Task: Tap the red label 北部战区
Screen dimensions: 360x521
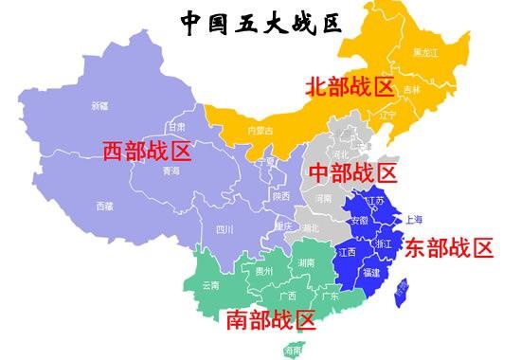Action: [x=349, y=88]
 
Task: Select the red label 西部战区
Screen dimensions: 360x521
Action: [x=147, y=152]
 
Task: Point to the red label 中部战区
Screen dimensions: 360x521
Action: [x=353, y=172]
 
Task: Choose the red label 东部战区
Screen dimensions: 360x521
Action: [x=449, y=248]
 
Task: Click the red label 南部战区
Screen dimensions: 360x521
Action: [x=270, y=318]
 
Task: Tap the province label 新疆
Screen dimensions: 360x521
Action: [x=99, y=105]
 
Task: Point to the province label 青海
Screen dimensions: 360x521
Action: [x=171, y=171]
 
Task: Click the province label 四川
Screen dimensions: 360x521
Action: [x=225, y=228]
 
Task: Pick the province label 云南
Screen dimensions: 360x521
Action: [x=211, y=284]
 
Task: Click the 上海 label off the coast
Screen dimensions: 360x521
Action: [x=414, y=219]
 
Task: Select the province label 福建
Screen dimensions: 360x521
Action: [x=372, y=272]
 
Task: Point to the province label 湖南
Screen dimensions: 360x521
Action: [x=306, y=261]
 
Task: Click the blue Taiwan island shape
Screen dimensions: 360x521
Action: [x=402, y=289]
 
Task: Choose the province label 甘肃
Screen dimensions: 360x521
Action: [x=177, y=126]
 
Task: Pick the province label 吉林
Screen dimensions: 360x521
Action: [x=410, y=90]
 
